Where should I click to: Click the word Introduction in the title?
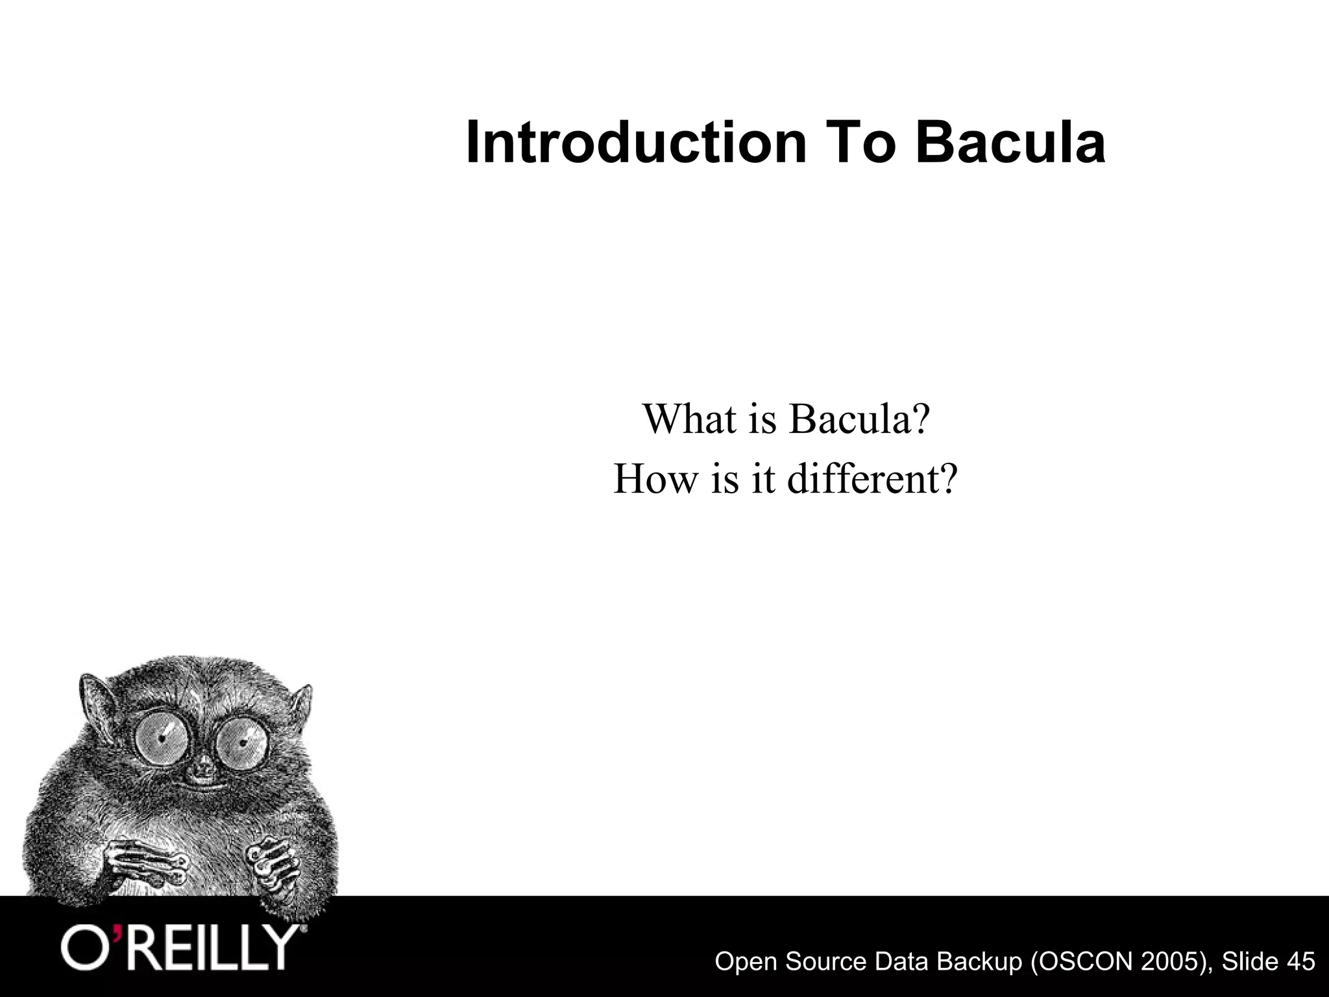click(636, 143)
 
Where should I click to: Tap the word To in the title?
click(860, 143)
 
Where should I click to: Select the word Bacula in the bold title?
click(1012, 143)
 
